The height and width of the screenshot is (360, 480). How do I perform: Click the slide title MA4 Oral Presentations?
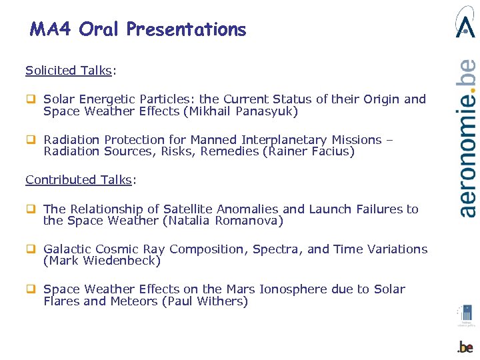[138, 29]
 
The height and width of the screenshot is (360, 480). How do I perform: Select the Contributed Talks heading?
[79, 179]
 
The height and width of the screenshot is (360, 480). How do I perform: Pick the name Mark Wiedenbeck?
[102, 261]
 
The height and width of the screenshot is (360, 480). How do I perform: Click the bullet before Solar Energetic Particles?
[30, 99]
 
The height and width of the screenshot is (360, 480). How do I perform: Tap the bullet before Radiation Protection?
[30, 140]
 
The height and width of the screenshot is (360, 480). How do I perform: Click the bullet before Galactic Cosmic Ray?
[30, 249]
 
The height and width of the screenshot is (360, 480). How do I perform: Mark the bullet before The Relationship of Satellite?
[30, 209]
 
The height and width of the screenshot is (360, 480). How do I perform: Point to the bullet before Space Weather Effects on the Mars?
[30, 289]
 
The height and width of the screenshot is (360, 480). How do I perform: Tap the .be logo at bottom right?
[465, 347]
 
